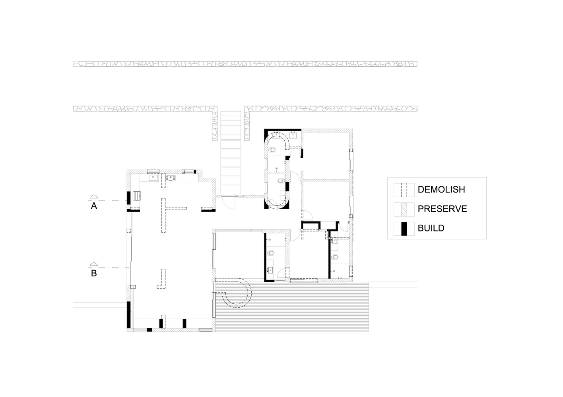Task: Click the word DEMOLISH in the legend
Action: pos(441,189)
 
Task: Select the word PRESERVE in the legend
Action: pos(442,209)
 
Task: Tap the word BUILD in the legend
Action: pos(431,228)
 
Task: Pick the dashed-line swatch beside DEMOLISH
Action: pos(404,190)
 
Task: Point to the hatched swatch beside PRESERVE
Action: pos(404,209)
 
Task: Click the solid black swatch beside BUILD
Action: pos(404,229)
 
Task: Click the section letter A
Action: pos(94,206)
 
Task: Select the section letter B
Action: pos(94,273)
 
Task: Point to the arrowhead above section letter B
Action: pos(94,264)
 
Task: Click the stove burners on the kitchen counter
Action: pos(171,178)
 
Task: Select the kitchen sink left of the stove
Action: pos(153,178)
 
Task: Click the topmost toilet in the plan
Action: pos(272,150)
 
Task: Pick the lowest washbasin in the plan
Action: pos(270,270)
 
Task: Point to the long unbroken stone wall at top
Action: pos(245,64)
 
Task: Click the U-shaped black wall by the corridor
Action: pos(311,223)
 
